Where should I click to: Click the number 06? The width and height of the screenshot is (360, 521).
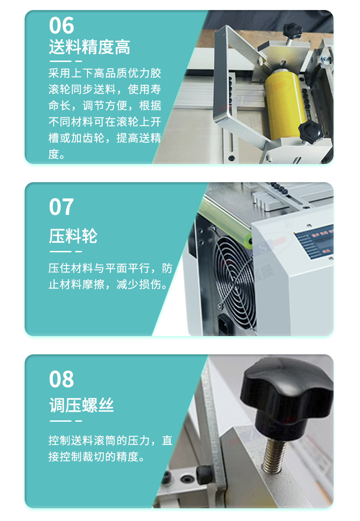(62, 26)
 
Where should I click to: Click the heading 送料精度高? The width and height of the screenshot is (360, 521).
(89, 47)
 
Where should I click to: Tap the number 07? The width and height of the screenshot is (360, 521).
(62, 207)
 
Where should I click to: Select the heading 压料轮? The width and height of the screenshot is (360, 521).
(73, 236)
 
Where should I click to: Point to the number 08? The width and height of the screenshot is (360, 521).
(62, 379)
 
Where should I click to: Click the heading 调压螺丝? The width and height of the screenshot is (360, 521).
(82, 405)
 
